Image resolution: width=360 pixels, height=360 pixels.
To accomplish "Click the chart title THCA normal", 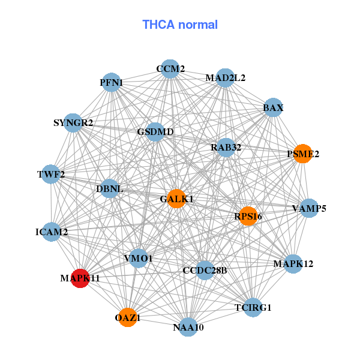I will click(x=180, y=25).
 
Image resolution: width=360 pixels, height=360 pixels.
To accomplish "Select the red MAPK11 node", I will click(x=80, y=278).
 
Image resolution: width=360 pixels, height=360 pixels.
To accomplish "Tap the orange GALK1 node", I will click(x=176, y=199).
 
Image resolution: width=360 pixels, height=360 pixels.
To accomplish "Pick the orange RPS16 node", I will click(x=248, y=216).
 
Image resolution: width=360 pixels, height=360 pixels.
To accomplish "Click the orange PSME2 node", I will click(x=303, y=154).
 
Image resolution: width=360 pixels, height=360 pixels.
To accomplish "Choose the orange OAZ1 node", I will click(x=127, y=317).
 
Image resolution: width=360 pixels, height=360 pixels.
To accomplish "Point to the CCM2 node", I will click(x=170, y=69).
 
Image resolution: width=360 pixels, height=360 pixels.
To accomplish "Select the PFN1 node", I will click(x=112, y=82).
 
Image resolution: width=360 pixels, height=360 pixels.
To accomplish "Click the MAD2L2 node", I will click(x=225, y=78).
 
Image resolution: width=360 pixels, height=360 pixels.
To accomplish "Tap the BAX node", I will click(x=273, y=108).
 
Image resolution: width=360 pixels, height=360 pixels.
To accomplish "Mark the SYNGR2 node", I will click(x=73, y=123).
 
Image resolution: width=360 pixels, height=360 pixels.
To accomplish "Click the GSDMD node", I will click(x=155, y=132).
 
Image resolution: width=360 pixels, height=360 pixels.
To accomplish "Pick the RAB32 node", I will click(x=226, y=147).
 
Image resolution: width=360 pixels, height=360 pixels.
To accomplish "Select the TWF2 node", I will click(x=51, y=175).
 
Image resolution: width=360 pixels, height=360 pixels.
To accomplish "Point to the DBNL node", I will click(x=110, y=189).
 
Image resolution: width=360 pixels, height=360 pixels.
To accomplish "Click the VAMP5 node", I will click(x=309, y=209).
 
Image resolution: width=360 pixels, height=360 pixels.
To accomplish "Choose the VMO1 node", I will click(x=139, y=259).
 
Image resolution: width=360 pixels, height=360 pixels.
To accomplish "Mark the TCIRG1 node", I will click(x=253, y=308).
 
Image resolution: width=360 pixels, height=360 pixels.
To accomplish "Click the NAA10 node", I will click(x=188, y=327).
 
